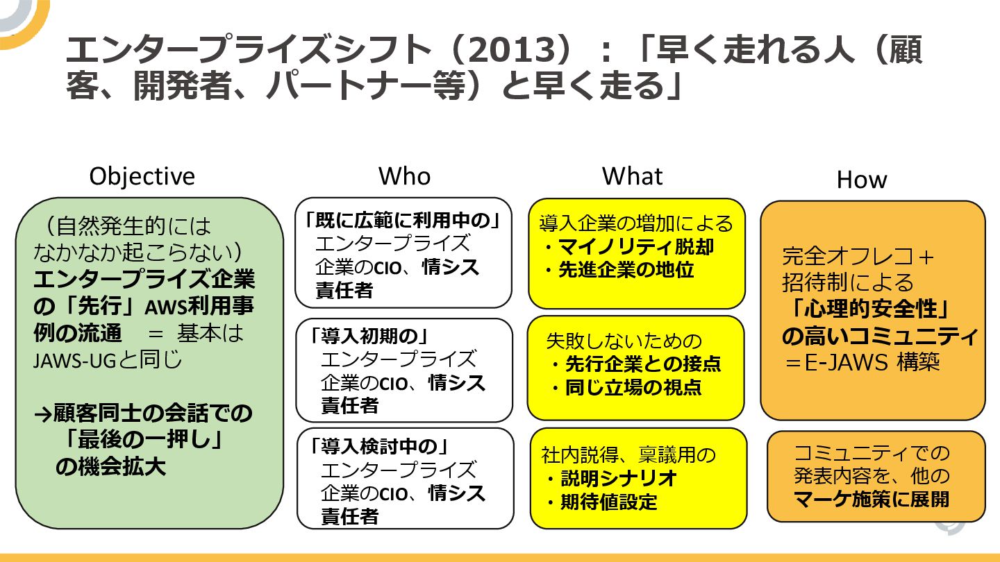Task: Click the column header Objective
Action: tap(142, 176)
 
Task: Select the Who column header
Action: tap(404, 176)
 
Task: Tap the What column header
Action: tap(632, 176)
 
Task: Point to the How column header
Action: tap(862, 180)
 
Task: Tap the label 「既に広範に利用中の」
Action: tap(403, 221)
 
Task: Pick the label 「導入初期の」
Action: tap(369, 337)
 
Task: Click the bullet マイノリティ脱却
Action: tap(635, 247)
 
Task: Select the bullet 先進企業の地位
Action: tap(626, 270)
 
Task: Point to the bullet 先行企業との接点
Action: tap(642, 364)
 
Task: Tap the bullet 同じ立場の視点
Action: tap(633, 387)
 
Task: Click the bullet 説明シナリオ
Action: tap(618, 479)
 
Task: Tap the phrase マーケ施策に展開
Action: tap(872, 499)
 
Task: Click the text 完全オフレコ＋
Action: tap(859, 257)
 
